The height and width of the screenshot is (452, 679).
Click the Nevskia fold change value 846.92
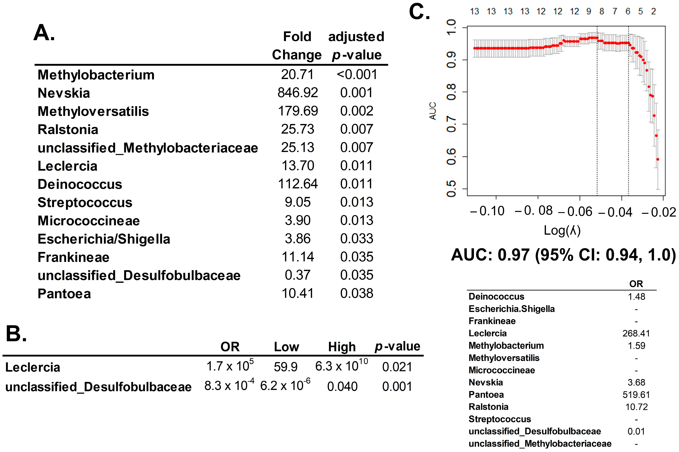298,93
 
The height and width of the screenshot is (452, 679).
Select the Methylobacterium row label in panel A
96,75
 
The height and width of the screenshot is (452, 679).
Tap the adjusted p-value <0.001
357,75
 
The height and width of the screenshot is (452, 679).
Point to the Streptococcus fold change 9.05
298,202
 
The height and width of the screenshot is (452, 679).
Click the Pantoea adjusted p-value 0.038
357,293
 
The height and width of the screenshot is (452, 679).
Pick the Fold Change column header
297,45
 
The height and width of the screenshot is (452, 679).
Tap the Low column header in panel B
287,347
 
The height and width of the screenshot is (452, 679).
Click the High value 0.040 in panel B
342,386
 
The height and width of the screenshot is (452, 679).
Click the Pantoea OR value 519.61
636,395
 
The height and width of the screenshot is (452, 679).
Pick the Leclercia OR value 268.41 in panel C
636,333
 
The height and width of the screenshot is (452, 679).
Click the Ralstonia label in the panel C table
488,407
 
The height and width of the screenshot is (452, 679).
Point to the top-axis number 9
589,12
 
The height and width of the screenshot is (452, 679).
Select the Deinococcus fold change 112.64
298,184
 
